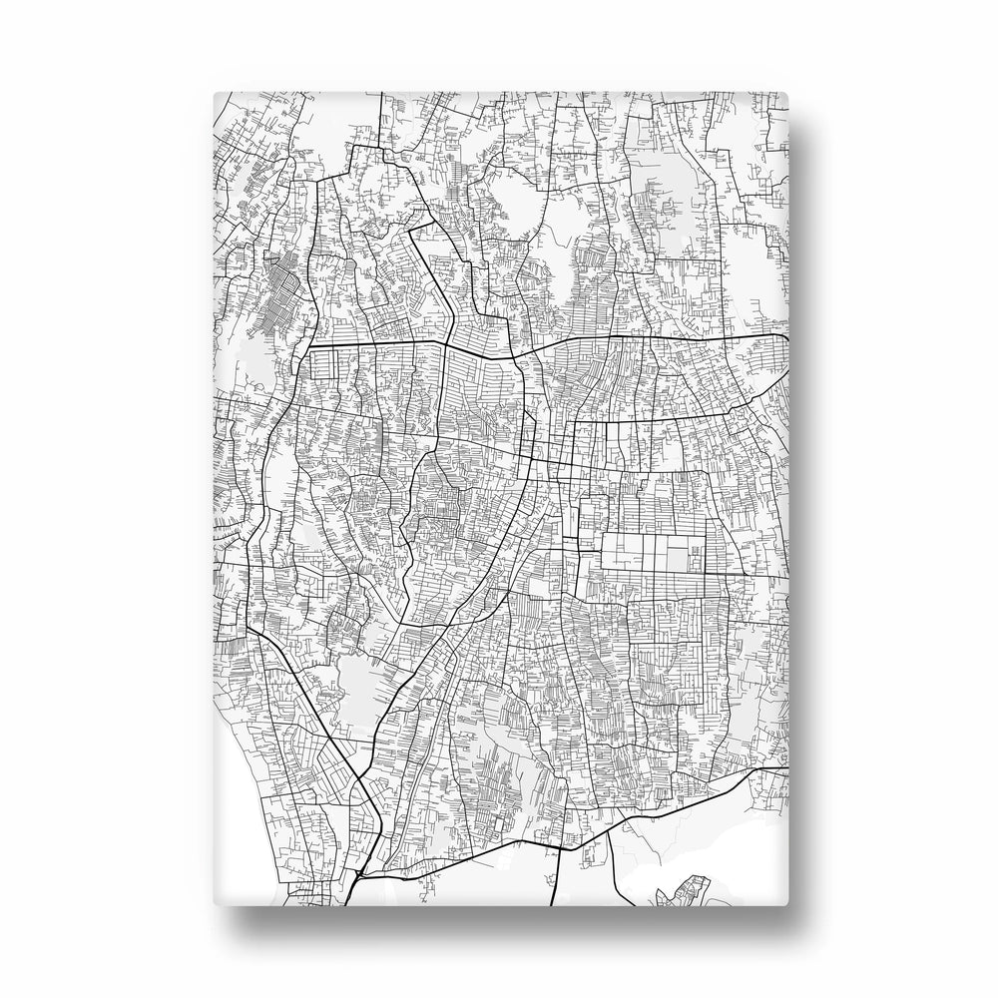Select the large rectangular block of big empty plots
[654, 553]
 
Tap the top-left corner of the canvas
[216, 93]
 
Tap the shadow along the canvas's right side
[803, 499]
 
